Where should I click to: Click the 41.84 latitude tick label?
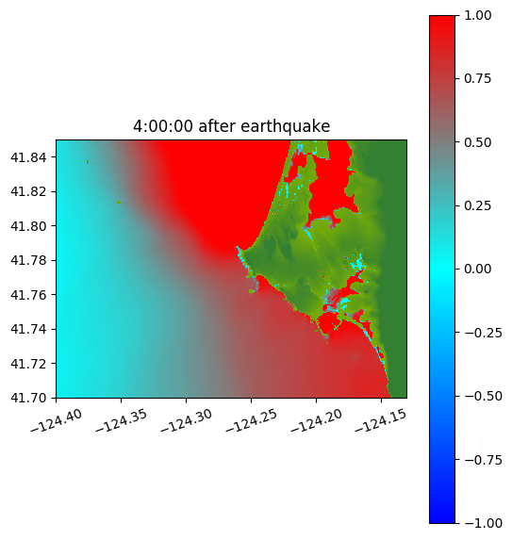point(28,157)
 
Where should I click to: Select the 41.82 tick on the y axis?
point(28,191)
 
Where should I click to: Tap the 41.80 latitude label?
point(28,226)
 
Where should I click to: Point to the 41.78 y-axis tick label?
point(28,260)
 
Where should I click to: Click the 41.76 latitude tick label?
point(28,295)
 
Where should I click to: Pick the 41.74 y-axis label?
point(28,329)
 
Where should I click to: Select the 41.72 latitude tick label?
point(28,364)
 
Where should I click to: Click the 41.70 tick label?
point(28,398)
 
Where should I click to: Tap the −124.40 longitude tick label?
point(57,421)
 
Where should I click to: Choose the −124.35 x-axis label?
point(122,421)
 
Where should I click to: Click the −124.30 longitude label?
point(187,421)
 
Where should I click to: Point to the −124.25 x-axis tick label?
point(251,421)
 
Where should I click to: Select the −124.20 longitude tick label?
point(316,421)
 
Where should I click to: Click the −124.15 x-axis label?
point(381,421)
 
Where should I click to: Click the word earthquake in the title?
point(286,126)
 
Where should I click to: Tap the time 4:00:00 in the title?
point(163,126)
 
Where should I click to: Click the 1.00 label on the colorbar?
point(478,15)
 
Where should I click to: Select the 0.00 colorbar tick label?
point(478,269)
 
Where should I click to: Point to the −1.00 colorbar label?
point(484,523)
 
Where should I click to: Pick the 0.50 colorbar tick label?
point(478,142)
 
